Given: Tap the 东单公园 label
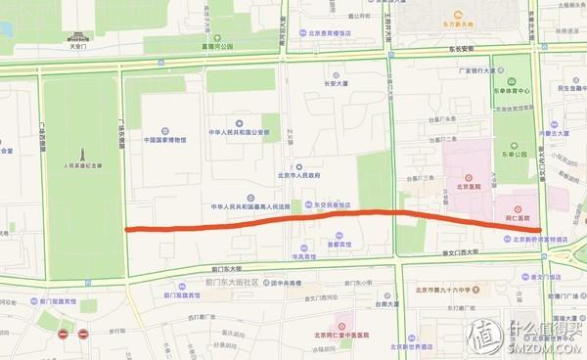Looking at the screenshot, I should [515, 153].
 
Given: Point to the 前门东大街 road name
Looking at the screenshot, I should [226, 267].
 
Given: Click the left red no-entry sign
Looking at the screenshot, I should [64, 335].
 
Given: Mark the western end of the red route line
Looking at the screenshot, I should [128, 229].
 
